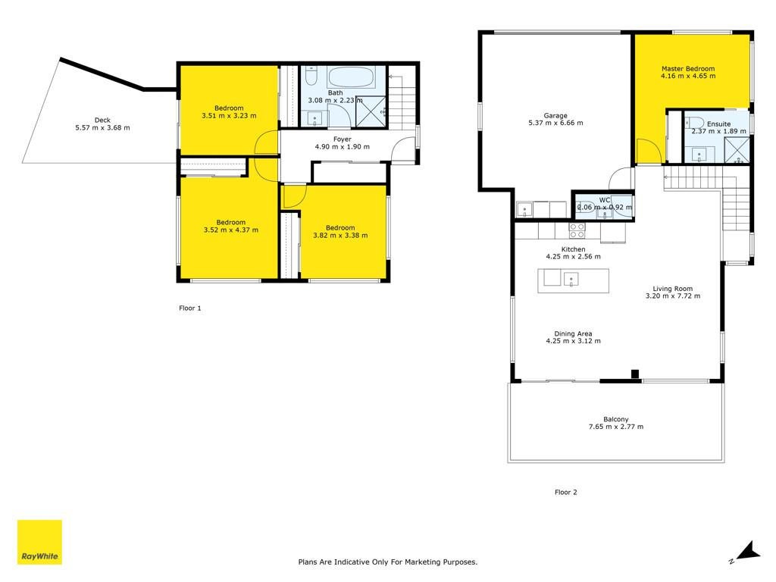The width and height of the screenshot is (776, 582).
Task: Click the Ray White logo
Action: click(x=39, y=542)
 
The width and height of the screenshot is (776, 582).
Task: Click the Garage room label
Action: click(x=555, y=115)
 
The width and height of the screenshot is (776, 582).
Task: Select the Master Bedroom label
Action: click(x=688, y=69)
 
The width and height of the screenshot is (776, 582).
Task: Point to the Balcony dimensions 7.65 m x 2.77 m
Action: click(x=615, y=427)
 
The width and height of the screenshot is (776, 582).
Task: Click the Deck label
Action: click(x=102, y=120)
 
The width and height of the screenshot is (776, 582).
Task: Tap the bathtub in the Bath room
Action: click(x=351, y=77)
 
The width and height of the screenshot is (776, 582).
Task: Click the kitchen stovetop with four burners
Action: click(x=577, y=230)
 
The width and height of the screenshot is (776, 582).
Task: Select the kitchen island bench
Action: click(x=573, y=280)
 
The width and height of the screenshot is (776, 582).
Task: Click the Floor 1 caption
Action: click(x=190, y=308)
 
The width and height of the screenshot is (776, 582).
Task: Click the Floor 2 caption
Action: click(x=565, y=492)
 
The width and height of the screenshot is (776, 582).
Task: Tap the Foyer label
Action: click(x=342, y=139)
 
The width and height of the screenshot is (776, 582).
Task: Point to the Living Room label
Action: click(x=673, y=289)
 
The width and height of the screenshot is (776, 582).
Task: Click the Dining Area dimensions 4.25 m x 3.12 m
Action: click(x=573, y=341)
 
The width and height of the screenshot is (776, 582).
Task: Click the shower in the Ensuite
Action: click(x=737, y=149)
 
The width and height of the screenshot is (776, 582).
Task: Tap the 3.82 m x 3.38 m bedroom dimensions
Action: click(x=340, y=235)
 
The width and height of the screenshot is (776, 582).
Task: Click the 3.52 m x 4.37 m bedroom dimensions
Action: click(x=230, y=230)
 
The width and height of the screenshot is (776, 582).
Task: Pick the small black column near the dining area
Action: click(x=635, y=374)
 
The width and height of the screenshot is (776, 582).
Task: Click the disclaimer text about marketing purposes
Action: click(x=387, y=562)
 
